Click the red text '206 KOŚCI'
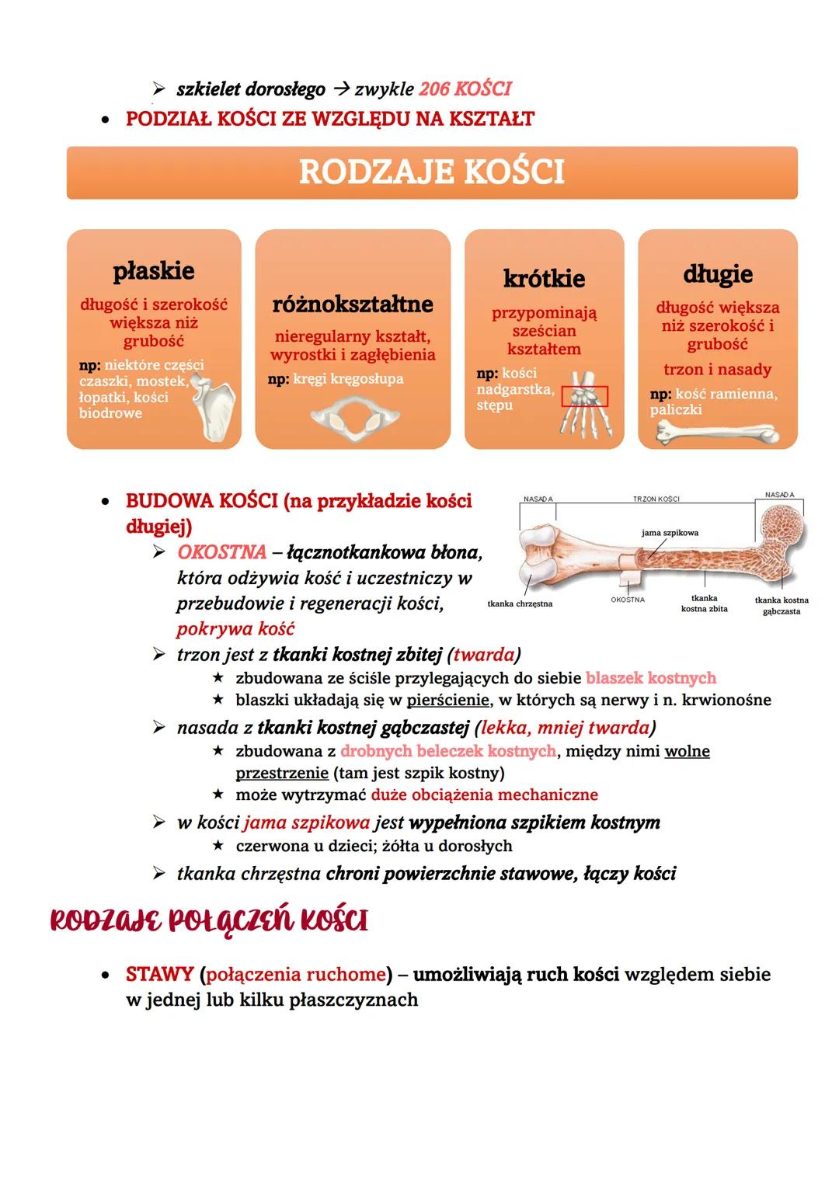click(x=465, y=89)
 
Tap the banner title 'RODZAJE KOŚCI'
click(x=431, y=172)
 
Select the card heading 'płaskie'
click(x=154, y=271)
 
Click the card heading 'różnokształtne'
click(x=352, y=304)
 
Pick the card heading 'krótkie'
click(x=544, y=278)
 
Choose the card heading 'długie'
click(x=717, y=273)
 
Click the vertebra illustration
click(x=353, y=419)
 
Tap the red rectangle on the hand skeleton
click(x=585, y=396)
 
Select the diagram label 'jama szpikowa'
click(x=670, y=533)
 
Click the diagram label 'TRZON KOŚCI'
click(x=656, y=499)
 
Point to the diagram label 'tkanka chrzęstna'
click(x=520, y=603)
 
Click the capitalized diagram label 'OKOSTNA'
click(x=627, y=600)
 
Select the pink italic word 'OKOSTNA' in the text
click(x=221, y=553)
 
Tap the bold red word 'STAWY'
click(x=158, y=974)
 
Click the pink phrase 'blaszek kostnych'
click(x=650, y=678)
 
